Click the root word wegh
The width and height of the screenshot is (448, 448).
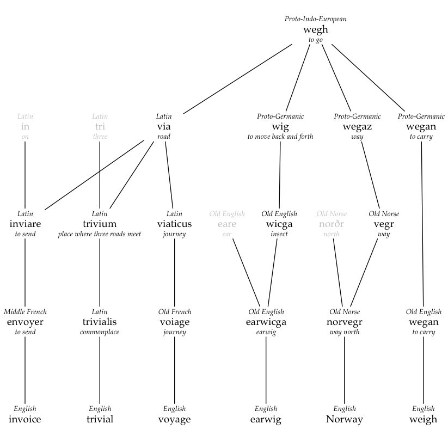pos(315,30)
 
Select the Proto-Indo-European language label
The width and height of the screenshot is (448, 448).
pos(315,19)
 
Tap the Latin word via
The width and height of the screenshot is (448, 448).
pos(164,126)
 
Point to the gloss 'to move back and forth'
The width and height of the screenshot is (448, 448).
pos(280,137)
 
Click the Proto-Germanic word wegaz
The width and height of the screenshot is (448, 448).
pos(357,127)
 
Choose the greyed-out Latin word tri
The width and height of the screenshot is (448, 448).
pos(100,126)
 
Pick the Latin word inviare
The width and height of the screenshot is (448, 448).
pos(25,224)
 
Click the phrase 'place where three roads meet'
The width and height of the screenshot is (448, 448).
pos(100,234)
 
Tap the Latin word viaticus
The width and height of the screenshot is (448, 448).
pos(174,224)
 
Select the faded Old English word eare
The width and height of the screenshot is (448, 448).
pos(227,224)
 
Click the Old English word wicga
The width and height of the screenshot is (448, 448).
pos(279,224)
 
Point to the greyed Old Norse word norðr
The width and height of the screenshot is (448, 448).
pos(331,224)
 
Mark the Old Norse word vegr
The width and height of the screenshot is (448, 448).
pos(384,225)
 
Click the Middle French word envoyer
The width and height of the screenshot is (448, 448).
pos(25,322)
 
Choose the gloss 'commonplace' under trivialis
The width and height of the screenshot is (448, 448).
pos(100,332)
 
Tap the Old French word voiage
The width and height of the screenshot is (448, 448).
pos(175,322)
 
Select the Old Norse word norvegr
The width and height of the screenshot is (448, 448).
pos(344,322)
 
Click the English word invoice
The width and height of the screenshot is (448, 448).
pos(25,419)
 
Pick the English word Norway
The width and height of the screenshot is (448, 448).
pos(344,420)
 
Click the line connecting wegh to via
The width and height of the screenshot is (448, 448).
pos(238,79)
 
